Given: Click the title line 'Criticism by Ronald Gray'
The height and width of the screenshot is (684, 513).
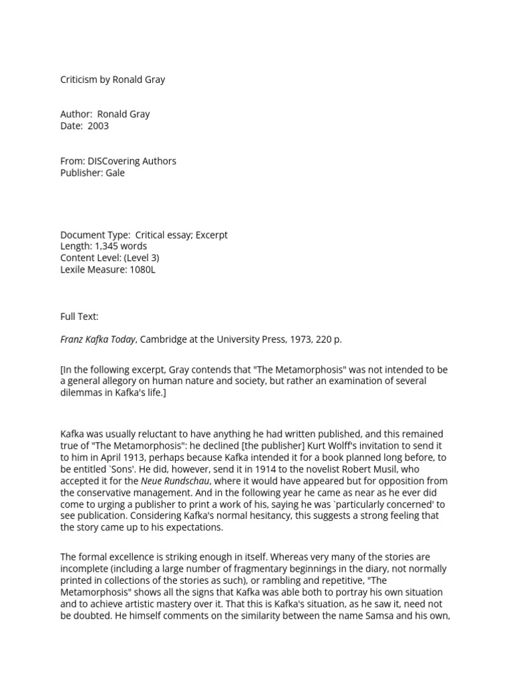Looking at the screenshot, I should tap(112, 79).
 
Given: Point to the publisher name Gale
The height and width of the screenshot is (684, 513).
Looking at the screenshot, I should tap(114, 172).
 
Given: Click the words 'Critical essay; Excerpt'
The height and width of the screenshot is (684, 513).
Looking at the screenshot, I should tap(181, 234).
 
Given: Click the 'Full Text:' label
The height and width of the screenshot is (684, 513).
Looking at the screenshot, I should tap(79, 316).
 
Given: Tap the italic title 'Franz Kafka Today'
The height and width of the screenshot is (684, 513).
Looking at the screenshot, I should tap(98, 339).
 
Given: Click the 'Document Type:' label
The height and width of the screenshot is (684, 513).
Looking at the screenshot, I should tap(95, 234).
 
